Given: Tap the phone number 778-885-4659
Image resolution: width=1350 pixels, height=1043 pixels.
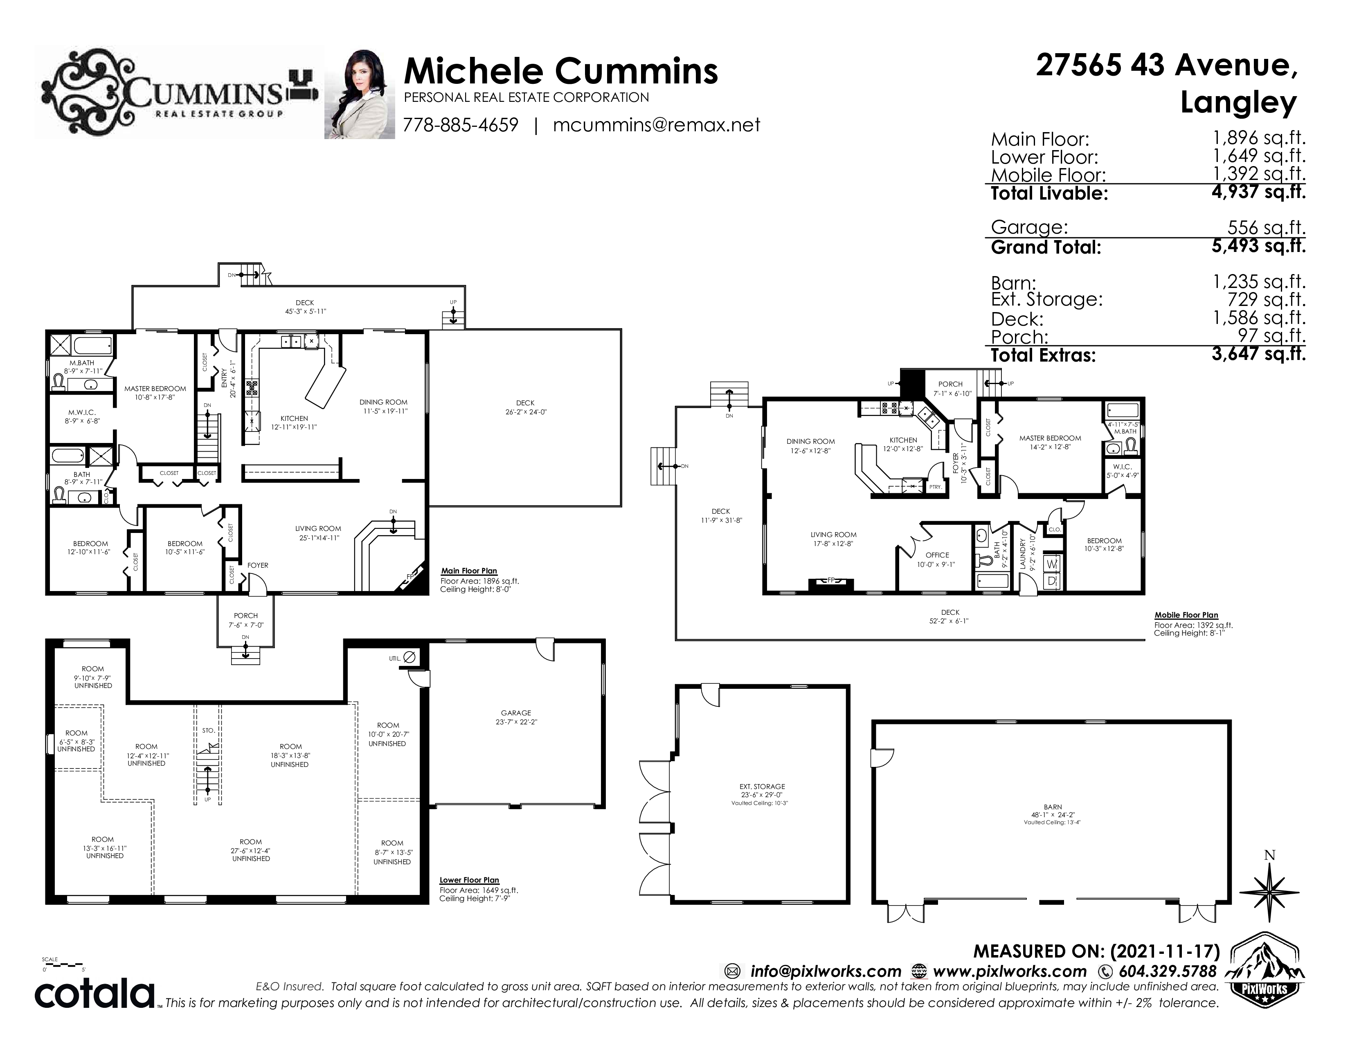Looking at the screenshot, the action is pos(461,125).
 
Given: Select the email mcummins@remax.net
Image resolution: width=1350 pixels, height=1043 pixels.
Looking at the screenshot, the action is pos(657,125).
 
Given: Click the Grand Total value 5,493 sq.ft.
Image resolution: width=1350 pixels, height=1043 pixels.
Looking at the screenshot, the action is pos(1258,246).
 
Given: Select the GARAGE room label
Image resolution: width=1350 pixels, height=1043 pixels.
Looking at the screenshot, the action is pos(516,713).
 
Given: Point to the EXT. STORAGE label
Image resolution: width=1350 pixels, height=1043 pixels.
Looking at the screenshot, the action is pos(762,787).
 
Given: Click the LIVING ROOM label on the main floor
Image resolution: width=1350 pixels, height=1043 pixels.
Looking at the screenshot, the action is pos(318,528).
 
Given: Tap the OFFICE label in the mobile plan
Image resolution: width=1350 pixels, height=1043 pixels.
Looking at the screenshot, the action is pos(937,555).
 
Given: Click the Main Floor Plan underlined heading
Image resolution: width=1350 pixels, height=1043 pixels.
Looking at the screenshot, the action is pos(469,571).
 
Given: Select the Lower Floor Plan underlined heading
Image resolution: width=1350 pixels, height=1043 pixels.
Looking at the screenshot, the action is pos(469,880).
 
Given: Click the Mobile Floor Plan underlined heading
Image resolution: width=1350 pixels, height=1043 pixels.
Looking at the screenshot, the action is pos(1186,615).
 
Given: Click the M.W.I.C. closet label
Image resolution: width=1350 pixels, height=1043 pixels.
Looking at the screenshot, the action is pos(82,412).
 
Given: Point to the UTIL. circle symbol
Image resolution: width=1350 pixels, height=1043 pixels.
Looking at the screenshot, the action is pos(409,657).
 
